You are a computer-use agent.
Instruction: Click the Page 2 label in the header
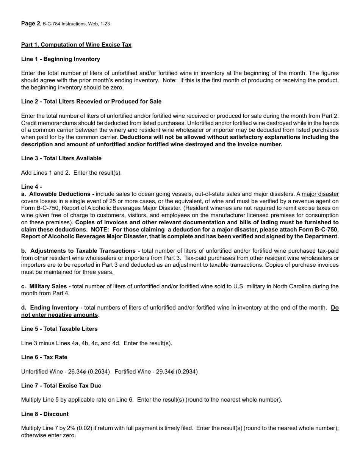click(x=30, y=23)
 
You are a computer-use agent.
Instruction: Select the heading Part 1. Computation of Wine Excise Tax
click(x=76, y=45)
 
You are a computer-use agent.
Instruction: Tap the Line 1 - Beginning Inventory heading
click(x=61, y=59)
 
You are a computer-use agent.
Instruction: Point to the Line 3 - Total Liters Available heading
click(x=61, y=158)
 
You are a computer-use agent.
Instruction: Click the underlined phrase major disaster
click(x=320, y=194)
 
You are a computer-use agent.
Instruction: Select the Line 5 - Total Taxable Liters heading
click(x=59, y=329)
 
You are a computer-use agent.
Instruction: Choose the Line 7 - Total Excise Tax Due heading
click(x=61, y=386)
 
